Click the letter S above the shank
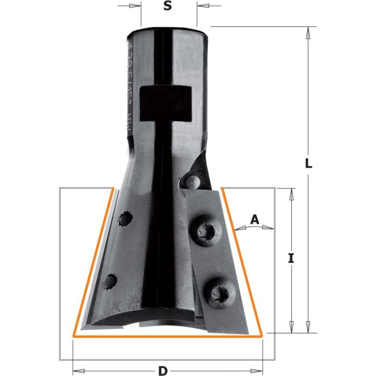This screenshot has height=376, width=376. point(168,6)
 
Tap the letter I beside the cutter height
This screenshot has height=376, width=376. point(291,258)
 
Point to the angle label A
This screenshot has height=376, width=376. point(255,219)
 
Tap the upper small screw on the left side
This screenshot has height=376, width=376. point(125,219)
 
